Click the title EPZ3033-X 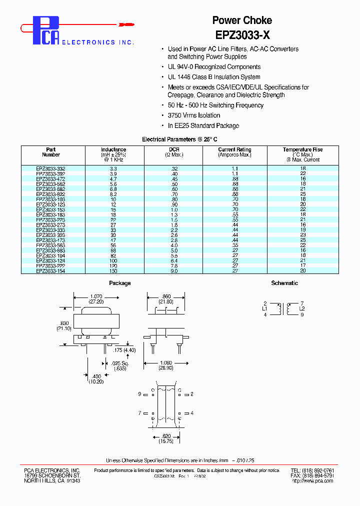pyautogui.click(x=242, y=35)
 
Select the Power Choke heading pyautogui.click(x=242, y=20)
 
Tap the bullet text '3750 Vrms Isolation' pyautogui.click(x=194, y=115)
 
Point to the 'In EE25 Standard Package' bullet pyautogui.click(x=203, y=126)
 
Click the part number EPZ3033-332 pyautogui.click(x=50, y=169)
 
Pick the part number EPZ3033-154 pyautogui.click(x=50, y=271)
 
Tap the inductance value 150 pyautogui.click(x=113, y=271)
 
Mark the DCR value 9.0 pyautogui.click(x=174, y=271)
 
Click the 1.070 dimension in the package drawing pyautogui.click(x=97, y=296)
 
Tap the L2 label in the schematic pyautogui.click(x=301, y=309)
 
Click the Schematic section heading pyautogui.click(x=284, y=283)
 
